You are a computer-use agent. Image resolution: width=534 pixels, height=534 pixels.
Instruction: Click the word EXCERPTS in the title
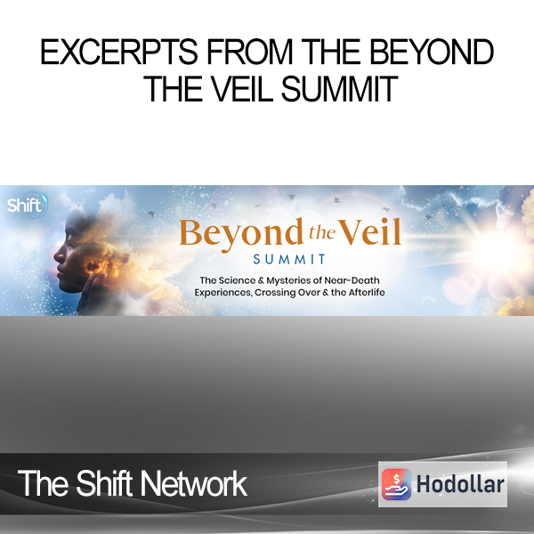[119, 52]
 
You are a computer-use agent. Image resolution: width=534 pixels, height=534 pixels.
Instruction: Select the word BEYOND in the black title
[432, 52]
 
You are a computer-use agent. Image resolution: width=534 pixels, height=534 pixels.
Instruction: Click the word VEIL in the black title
[242, 89]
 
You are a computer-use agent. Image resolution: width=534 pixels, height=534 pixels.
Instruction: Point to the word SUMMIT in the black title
[339, 89]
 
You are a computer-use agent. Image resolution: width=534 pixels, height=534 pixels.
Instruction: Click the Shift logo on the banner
[27, 205]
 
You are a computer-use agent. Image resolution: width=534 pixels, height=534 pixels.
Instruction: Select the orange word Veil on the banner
[369, 232]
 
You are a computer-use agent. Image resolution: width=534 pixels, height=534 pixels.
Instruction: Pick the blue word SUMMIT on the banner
[289, 260]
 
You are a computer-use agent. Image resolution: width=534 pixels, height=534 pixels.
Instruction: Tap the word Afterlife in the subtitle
[367, 292]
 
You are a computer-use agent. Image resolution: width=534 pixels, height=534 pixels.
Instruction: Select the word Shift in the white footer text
[104, 483]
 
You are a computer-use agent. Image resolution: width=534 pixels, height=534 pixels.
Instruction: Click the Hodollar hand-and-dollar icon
[396, 484]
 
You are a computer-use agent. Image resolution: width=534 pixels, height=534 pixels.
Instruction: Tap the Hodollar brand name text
[460, 484]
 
